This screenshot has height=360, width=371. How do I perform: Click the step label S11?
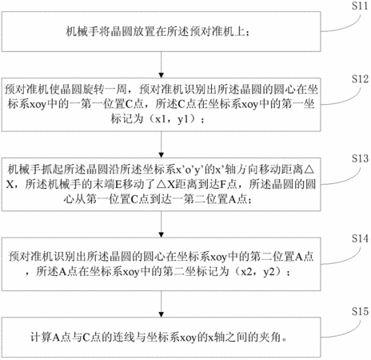[360, 6]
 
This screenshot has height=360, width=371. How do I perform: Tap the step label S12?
[360, 79]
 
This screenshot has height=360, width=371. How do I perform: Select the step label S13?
[360, 158]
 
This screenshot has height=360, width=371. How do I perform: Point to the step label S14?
[360, 238]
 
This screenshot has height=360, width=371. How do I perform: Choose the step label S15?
[360, 311]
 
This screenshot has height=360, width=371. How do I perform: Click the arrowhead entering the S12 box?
[161, 75]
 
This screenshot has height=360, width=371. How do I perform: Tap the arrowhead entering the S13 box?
[161, 155]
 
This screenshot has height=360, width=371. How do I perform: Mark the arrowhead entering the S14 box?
[161, 235]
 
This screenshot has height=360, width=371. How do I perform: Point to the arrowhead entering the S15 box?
[161, 314]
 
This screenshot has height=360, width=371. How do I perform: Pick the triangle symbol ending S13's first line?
[309, 170]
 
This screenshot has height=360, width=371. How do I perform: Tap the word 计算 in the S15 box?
[41, 338]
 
